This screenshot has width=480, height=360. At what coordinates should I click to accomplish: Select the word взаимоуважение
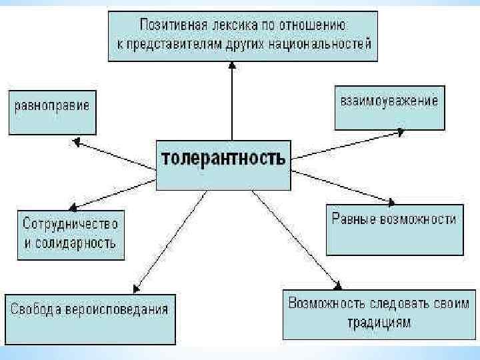[389, 101]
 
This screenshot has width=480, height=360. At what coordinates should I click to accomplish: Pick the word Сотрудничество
[70, 222]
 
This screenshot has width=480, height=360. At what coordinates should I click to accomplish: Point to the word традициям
[378, 323]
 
